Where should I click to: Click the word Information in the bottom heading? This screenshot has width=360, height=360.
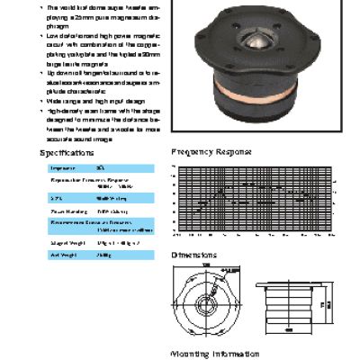pos(236,354)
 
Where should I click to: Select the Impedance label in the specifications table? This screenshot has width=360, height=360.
pos(62,167)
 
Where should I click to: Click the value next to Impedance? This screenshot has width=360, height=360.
pos(101,167)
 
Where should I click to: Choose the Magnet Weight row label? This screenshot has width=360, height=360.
pos(66,242)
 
